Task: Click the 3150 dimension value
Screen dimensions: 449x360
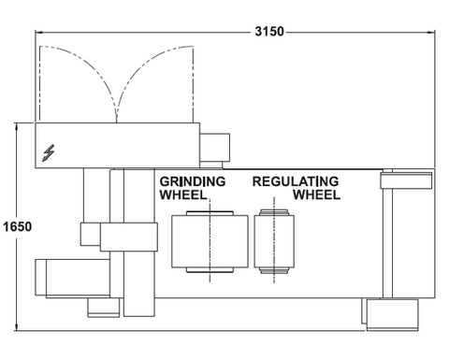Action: (269, 32)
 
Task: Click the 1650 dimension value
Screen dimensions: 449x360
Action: (18, 226)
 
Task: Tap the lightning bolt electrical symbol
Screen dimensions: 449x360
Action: (49, 152)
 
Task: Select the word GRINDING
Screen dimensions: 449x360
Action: (193, 181)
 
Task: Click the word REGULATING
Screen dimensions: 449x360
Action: (296, 181)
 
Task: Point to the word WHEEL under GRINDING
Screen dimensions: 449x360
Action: (183, 194)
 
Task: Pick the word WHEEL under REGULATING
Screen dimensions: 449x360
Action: (316, 194)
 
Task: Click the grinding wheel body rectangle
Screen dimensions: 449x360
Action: (210, 241)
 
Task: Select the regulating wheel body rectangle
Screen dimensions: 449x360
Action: (274, 241)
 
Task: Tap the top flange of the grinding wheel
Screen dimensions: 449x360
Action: (210, 213)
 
